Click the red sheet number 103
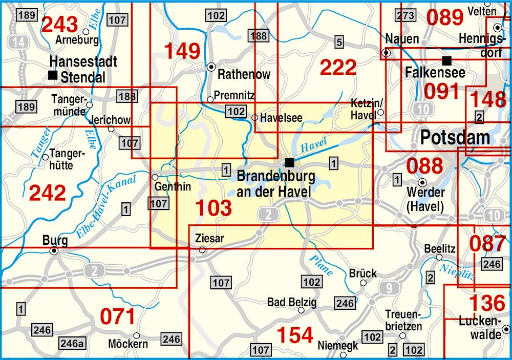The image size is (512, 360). pyautogui.click(x=214, y=208)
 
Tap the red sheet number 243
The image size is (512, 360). pyautogui.click(x=60, y=24)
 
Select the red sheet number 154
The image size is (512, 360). pyautogui.click(x=294, y=335)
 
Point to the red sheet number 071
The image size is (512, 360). pyautogui.click(x=117, y=317)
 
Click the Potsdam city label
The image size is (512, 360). pyautogui.click(x=455, y=137)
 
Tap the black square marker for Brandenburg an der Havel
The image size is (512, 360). pyautogui.click(x=290, y=162)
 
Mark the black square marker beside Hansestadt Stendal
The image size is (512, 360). pyautogui.click(x=52, y=75)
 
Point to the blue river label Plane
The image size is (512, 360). pyautogui.click(x=322, y=265)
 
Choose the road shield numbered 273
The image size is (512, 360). pyautogui.click(x=406, y=15)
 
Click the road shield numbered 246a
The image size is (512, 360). pyautogui.click(x=73, y=343)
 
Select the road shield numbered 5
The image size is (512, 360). pyautogui.click(x=338, y=42)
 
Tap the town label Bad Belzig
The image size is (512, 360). pyautogui.click(x=292, y=302)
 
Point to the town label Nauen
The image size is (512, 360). pyautogui.click(x=402, y=39)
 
